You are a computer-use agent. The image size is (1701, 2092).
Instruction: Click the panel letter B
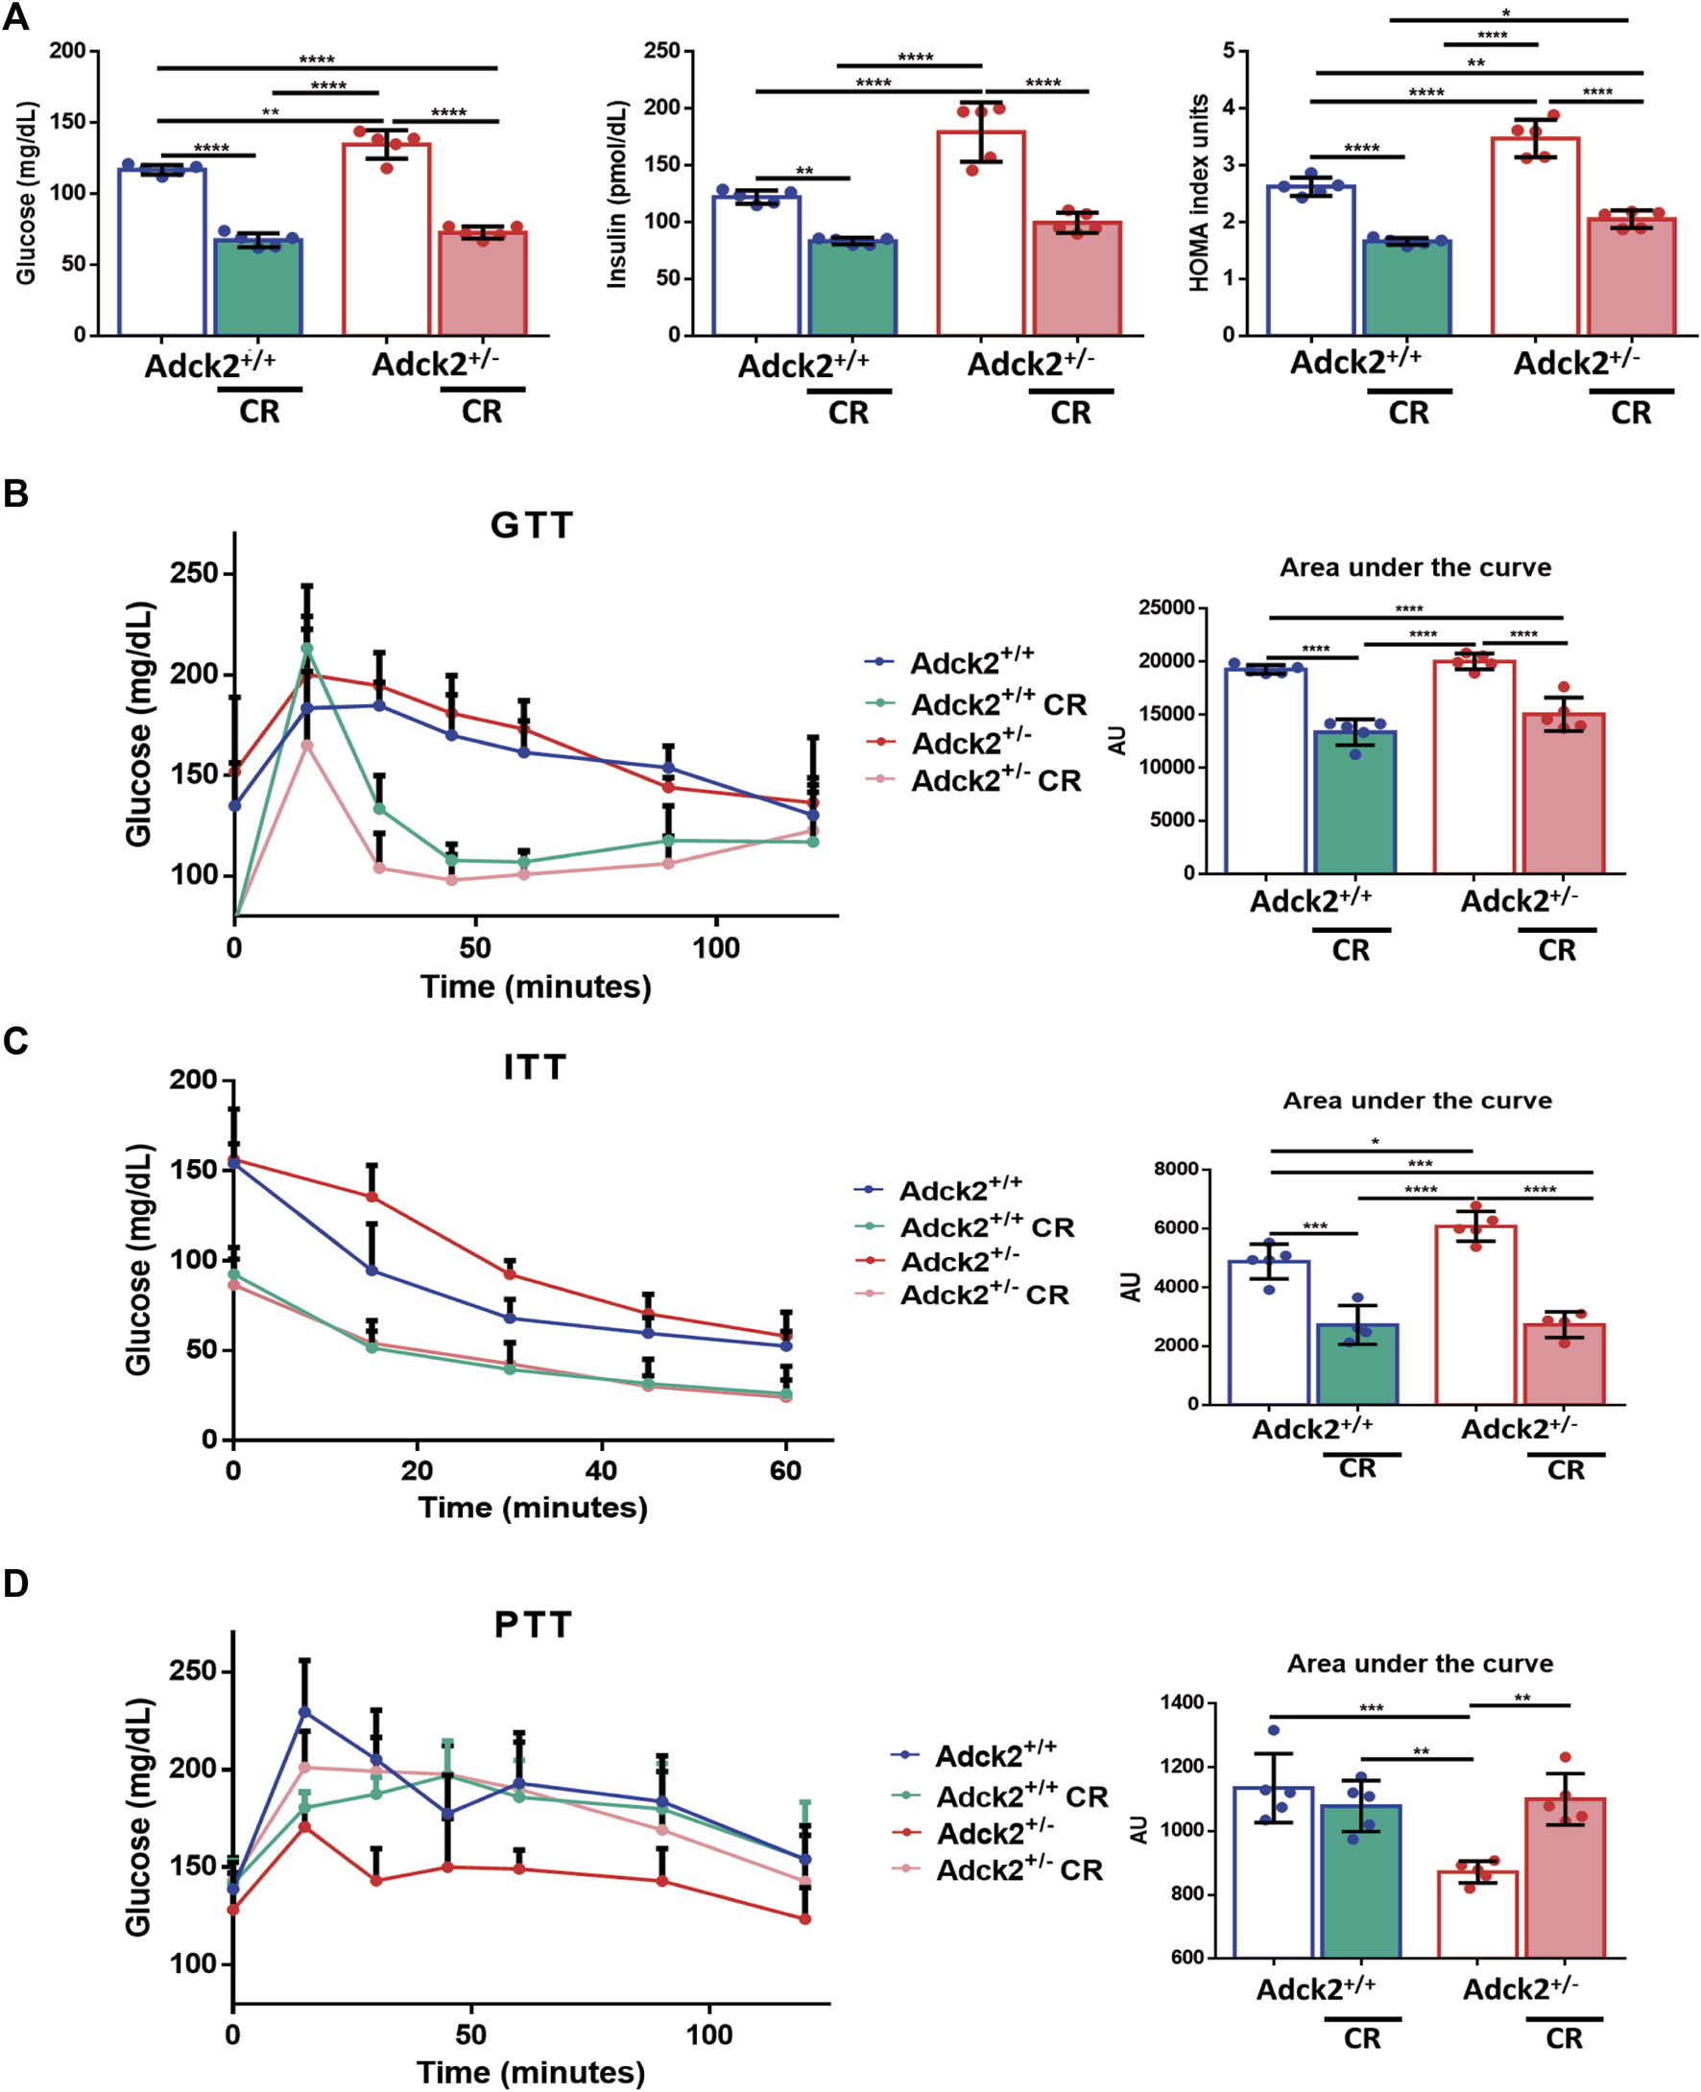[15, 492]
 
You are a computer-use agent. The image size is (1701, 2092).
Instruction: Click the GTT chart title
[531, 526]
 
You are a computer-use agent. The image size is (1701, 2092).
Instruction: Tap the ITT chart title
[534, 1066]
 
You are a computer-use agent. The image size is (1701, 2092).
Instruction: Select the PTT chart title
[533, 1625]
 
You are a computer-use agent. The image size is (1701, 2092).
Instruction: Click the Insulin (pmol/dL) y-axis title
[616, 194]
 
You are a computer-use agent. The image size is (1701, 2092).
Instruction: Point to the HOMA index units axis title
[1197, 194]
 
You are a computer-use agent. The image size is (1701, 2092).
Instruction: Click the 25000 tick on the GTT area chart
[1166, 608]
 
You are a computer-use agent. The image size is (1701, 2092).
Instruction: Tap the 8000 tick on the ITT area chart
[1176, 1170]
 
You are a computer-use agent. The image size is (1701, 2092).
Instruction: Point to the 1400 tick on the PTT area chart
[1182, 1702]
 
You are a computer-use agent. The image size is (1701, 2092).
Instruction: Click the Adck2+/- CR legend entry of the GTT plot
[995, 780]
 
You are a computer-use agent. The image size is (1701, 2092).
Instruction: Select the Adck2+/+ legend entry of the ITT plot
[960, 1190]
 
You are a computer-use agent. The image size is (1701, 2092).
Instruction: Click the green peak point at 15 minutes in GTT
[306, 649]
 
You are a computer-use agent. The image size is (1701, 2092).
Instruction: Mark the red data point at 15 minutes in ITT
[372, 1197]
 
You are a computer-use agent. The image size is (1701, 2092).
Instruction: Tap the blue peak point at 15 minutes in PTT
[304, 1712]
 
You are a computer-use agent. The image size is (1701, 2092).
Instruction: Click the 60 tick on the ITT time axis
[786, 1471]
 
